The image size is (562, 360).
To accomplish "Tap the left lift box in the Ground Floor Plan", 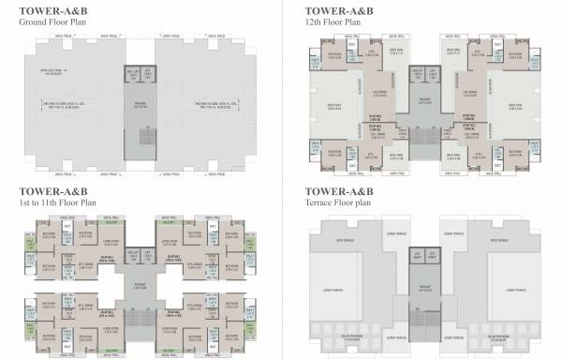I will pyautogui.click(x=131, y=73).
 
